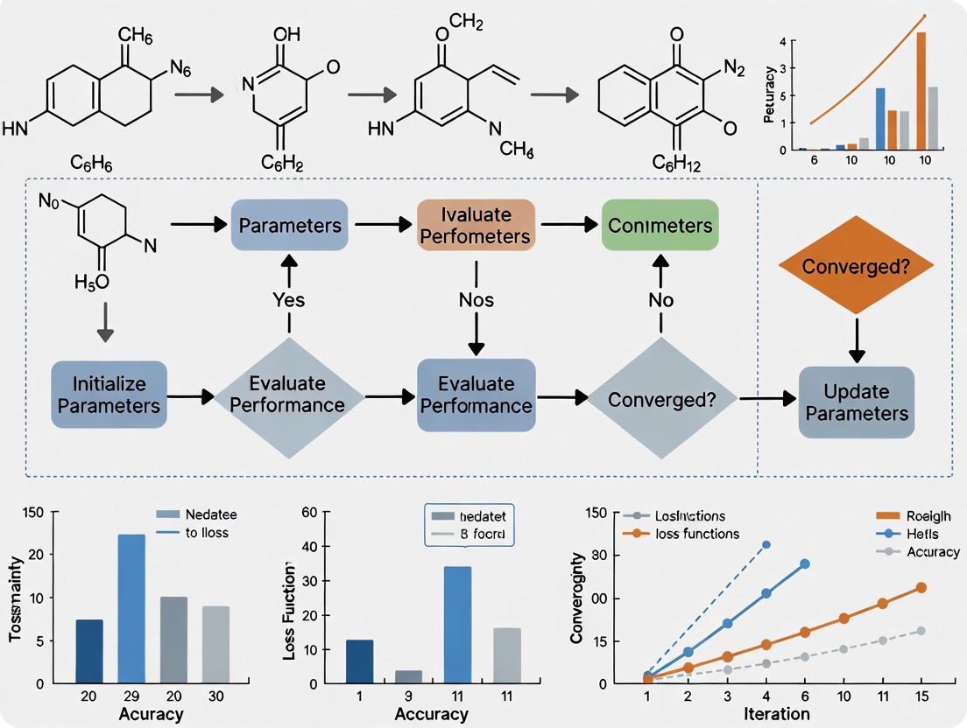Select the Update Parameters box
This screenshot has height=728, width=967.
pyautogui.click(x=856, y=402)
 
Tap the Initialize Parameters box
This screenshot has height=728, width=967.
pyautogui.click(x=109, y=395)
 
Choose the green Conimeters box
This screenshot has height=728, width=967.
pyautogui.click(x=660, y=226)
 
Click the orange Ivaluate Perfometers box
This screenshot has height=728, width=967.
pyautogui.click(x=474, y=226)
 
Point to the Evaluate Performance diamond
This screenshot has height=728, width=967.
pyautogui.click(x=290, y=395)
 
